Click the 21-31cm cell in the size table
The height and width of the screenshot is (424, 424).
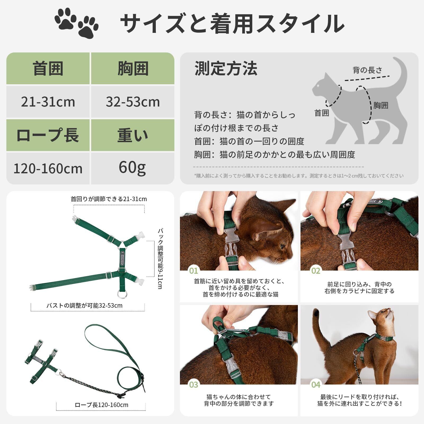[48, 102]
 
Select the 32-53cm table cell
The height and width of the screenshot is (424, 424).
[133, 102]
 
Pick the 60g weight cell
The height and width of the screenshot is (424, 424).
[133, 168]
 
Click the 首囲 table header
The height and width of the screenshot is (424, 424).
[48, 68]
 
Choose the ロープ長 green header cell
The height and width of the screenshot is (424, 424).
[48, 135]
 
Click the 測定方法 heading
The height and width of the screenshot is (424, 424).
[226, 68]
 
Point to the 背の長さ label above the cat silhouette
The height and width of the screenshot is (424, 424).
[368, 70]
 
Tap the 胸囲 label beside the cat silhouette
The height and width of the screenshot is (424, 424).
[381, 105]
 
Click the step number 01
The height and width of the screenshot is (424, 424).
[194, 271]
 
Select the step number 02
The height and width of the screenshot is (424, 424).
[316, 271]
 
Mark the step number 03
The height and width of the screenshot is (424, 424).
[194, 385]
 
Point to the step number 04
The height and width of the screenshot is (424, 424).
[316, 385]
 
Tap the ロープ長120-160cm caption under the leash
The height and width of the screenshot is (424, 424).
[101, 405]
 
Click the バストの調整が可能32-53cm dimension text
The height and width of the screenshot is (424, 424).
[85, 306]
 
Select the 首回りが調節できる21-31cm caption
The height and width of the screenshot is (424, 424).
[109, 199]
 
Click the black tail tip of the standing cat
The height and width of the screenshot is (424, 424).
[316, 313]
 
